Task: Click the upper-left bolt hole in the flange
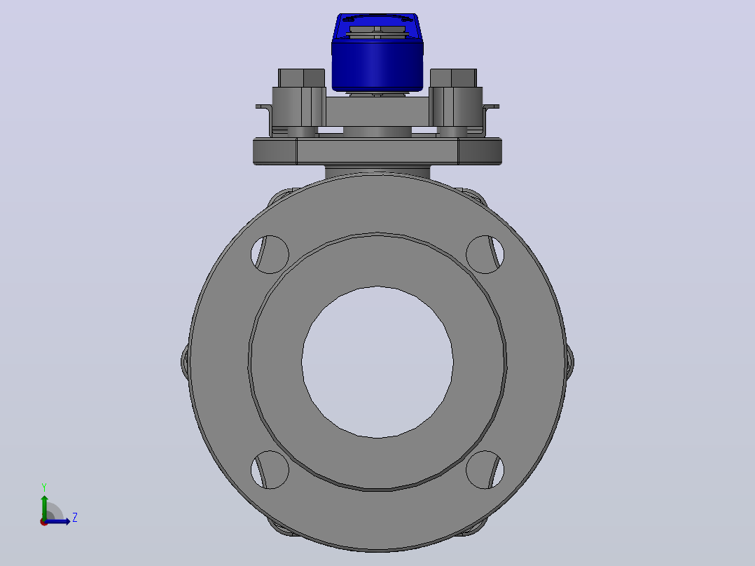[270, 254]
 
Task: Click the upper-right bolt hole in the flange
[485, 254]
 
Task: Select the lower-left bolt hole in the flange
[270, 469]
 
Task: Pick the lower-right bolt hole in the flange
[485, 469]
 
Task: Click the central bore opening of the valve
[377, 362]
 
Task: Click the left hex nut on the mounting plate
[301, 78]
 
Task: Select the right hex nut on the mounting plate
[454, 78]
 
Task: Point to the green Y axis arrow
[44, 507]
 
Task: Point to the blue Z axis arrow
[57, 521]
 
